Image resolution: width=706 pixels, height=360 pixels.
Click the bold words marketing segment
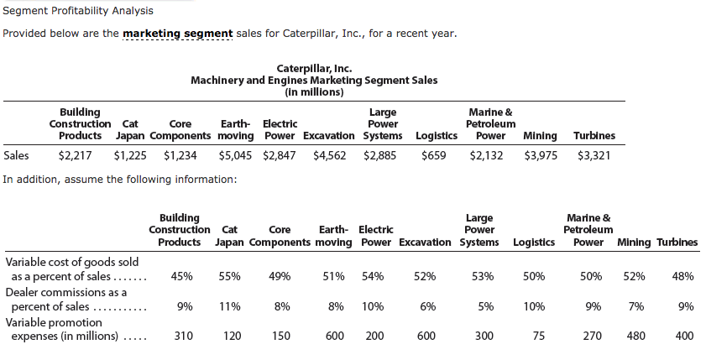click(172, 34)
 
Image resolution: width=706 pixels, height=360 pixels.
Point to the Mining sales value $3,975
click(541, 155)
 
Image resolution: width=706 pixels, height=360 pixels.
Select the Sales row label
click(16, 155)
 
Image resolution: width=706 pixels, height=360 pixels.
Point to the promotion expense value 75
click(539, 336)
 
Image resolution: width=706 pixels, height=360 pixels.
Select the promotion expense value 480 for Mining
click(637, 336)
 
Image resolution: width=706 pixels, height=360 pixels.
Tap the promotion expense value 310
click(183, 336)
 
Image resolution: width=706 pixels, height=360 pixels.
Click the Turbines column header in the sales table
click(594, 135)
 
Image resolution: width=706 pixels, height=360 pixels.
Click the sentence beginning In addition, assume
click(119, 179)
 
